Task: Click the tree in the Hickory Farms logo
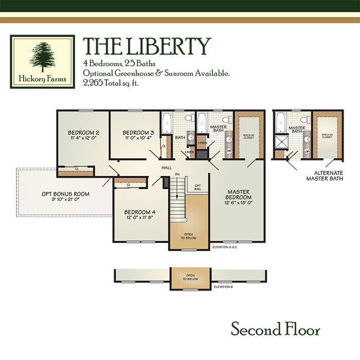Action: tap(43, 57)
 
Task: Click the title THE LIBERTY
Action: tap(147, 46)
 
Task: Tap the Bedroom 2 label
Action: tap(83, 133)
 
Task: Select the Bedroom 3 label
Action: tap(138, 133)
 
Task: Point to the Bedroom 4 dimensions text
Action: tap(140, 218)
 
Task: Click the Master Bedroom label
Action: tap(238, 194)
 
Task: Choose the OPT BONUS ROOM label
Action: tap(65, 194)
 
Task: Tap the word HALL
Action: tap(167, 168)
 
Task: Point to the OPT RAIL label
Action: tap(197, 187)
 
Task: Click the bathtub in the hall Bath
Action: tap(167, 122)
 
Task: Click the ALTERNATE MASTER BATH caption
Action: tap(325, 176)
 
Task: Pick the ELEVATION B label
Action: tap(223, 287)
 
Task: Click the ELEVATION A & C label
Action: tap(225, 247)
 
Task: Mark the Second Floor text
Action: tap(275, 329)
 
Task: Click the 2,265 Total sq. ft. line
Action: tap(111, 83)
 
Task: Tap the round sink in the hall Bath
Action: tap(191, 137)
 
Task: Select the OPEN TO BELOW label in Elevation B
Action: tap(190, 277)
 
